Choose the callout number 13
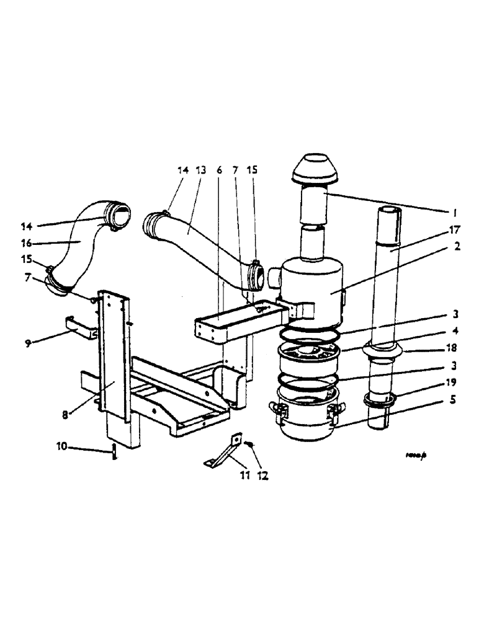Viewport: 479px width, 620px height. click(x=200, y=169)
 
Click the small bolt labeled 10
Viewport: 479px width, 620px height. click(x=114, y=451)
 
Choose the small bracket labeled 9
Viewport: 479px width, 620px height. click(x=81, y=327)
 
